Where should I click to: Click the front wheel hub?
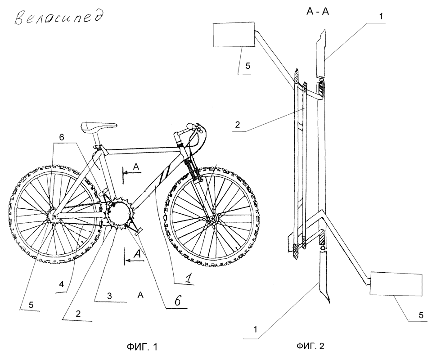click(x=212, y=219)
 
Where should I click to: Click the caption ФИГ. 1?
click(x=142, y=346)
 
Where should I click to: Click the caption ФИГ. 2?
click(x=310, y=346)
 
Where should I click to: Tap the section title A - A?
click(x=318, y=12)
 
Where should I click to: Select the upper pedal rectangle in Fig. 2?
click(x=234, y=35)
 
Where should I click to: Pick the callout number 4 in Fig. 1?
click(x=62, y=284)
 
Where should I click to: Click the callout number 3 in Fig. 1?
click(x=109, y=296)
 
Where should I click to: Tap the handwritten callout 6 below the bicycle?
click(x=178, y=301)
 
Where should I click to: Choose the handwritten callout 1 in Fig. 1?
click(x=188, y=279)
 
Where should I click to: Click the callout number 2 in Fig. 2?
click(x=238, y=125)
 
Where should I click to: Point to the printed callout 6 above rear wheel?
click(x=62, y=137)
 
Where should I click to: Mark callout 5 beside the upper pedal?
click(x=247, y=66)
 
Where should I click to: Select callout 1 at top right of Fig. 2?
click(x=381, y=17)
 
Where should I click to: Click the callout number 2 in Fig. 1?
click(x=78, y=314)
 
